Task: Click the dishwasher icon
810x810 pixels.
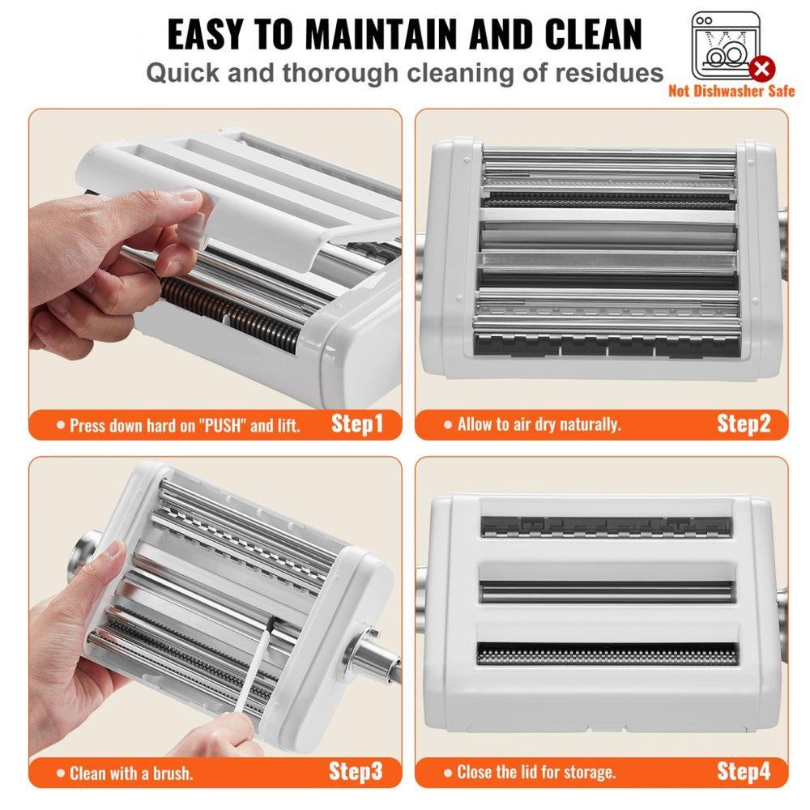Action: pos(727,45)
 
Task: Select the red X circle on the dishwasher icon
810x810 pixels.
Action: pos(761,68)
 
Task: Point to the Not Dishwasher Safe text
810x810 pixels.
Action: pos(731,91)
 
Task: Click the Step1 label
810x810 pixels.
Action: pos(357,424)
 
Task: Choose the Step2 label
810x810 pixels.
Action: pos(744,424)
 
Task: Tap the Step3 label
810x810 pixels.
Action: pos(356,772)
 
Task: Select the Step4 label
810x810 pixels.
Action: pos(744,772)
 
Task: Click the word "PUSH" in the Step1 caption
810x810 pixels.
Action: pos(223,425)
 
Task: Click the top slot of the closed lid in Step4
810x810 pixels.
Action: pos(607,526)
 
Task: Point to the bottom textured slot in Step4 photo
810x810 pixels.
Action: pos(607,655)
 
